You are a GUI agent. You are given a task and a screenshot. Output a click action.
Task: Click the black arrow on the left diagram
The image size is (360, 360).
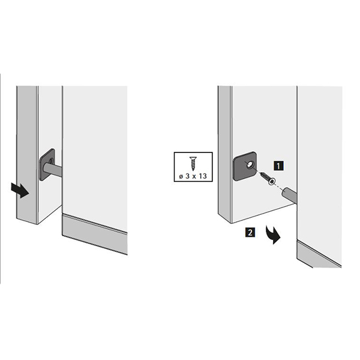click(x=20, y=190)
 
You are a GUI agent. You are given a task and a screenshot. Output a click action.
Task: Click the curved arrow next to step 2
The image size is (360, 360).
click(x=273, y=235)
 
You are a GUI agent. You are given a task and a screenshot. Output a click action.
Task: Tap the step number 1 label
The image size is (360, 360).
click(x=278, y=166)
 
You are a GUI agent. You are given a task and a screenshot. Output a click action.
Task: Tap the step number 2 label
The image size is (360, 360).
click(x=250, y=232)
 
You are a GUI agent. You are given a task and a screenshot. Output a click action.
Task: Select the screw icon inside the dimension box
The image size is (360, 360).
click(x=193, y=163)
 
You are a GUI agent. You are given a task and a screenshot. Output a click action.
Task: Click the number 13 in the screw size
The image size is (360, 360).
click(x=203, y=176)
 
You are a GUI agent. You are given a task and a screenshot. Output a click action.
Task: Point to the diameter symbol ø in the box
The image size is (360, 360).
click(x=181, y=176)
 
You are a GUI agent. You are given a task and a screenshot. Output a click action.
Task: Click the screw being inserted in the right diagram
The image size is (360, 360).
click(x=266, y=178)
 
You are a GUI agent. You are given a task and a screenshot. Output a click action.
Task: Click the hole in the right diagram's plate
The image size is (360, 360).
click(x=249, y=164)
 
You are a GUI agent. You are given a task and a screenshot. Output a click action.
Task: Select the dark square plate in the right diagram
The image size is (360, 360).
click(x=245, y=166)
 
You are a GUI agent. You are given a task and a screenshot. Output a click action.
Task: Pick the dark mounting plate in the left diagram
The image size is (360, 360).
click(x=47, y=164)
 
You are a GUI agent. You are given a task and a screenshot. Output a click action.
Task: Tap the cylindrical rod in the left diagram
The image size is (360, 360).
click(x=53, y=169)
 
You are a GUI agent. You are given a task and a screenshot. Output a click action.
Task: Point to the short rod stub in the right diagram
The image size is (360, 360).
click(x=289, y=194)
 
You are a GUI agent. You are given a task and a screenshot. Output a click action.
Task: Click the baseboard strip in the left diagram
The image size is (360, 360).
click(x=95, y=235)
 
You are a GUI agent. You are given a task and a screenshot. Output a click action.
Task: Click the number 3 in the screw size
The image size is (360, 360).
click(x=188, y=176)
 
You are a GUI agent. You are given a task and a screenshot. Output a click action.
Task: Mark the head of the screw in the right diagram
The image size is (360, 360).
click(x=272, y=182)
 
